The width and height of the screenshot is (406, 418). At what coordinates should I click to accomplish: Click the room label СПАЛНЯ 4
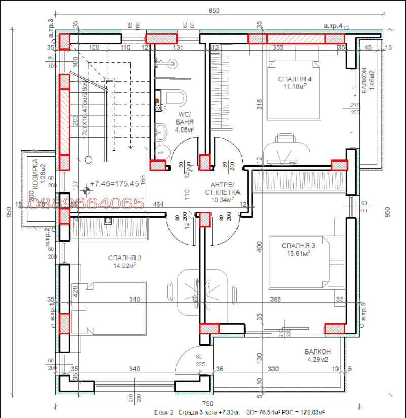(294, 79)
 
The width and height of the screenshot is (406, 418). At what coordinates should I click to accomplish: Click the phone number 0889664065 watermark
(86, 204)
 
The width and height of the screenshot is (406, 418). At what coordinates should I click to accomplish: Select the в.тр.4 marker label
(333, 25)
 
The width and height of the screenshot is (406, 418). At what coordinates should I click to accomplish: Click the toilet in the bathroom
(175, 97)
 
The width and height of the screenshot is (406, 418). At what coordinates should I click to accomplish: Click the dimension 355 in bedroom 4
(278, 48)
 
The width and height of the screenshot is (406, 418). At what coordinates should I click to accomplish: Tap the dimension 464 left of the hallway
(158, 204)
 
